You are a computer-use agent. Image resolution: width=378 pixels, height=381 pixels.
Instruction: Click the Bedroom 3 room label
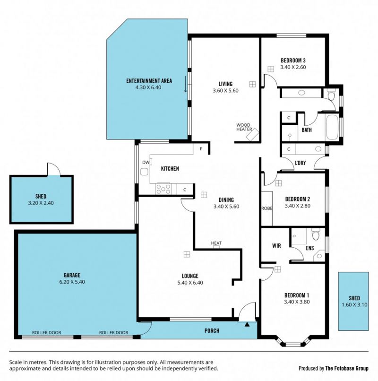[x=293, y=60]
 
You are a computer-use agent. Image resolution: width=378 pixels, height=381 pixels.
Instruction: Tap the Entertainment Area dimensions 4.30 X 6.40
[x=148, y=87]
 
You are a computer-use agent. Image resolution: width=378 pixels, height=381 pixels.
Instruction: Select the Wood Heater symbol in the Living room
[x=252, y=134]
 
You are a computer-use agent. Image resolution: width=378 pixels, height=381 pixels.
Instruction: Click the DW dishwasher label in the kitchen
[x=146, y=162]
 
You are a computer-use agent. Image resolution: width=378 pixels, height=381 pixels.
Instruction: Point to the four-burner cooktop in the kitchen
[x=163, y=189]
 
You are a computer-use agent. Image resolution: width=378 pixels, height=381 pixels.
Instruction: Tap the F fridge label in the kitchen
[x=201, y=149]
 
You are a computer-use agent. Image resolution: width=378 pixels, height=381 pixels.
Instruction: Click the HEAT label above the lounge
[x=216, y=243]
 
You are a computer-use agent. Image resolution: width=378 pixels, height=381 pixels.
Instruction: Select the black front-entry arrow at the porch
[x=247, y=324]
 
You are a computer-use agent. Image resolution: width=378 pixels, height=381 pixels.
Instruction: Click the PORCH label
[x=212, y=331]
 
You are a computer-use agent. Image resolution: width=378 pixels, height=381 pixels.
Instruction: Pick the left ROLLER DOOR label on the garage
[x=47, y=332]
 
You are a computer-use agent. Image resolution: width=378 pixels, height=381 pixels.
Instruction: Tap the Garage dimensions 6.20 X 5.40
[x=72, y=282]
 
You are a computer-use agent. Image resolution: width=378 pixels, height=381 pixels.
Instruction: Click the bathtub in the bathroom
[x=332, y=127]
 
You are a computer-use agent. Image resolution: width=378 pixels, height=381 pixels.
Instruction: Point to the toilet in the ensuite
[x=315, y=234]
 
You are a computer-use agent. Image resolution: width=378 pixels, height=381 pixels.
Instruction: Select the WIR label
[x=276, y=246]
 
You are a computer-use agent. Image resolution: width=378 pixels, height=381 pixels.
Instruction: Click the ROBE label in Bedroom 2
[x=267, y=208]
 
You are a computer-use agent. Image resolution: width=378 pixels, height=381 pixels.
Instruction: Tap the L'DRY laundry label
[x=300, y=163]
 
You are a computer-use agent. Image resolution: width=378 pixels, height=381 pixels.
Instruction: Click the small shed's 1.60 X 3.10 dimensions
[x=354, y=305]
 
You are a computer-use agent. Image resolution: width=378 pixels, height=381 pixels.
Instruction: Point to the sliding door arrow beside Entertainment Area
[x=186, y=84]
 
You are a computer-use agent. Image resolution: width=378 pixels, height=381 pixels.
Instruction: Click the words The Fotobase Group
[x=347, y=368]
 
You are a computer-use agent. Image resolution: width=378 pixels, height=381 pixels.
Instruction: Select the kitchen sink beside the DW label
[x=144, y=172]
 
